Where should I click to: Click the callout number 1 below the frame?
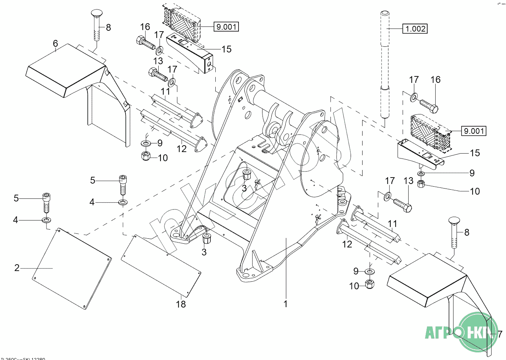pos(285,304)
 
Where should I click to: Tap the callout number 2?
pos(17,268)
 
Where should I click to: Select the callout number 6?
pos(56,44)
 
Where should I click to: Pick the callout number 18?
pos(181,304)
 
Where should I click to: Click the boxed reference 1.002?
pos(415,29)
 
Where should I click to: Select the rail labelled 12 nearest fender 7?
pos(369,243)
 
